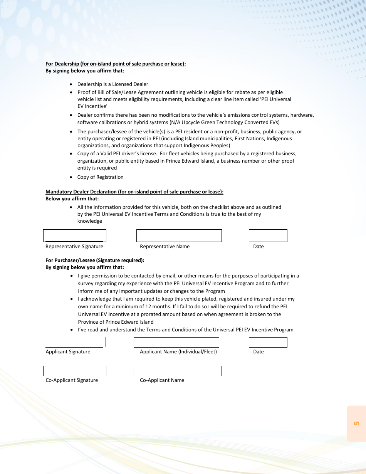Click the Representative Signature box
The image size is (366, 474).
point(75,235)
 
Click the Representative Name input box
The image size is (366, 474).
point(179,235)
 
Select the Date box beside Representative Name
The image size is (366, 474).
point(268,235)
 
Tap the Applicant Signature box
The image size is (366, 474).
point(74,342)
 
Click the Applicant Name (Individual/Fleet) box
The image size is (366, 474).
point(176,342)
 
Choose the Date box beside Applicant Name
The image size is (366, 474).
point(268,342)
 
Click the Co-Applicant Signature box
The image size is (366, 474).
point(75,371)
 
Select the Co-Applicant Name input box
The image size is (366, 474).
point(178,371)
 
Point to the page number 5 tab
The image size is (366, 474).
point(356,423)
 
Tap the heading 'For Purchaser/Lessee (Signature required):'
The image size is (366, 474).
point(95,260)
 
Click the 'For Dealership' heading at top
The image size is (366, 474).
point(116,64)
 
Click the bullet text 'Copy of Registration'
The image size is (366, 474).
point(100,177)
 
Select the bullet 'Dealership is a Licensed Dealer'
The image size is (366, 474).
point(112,84)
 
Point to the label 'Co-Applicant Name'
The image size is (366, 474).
point(162,380)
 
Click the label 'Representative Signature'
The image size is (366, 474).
point(74,246)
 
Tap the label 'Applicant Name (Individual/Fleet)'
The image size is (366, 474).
point(178,351)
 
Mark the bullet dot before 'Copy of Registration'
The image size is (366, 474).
point(71,177)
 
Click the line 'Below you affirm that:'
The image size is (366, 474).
point(72,198)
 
